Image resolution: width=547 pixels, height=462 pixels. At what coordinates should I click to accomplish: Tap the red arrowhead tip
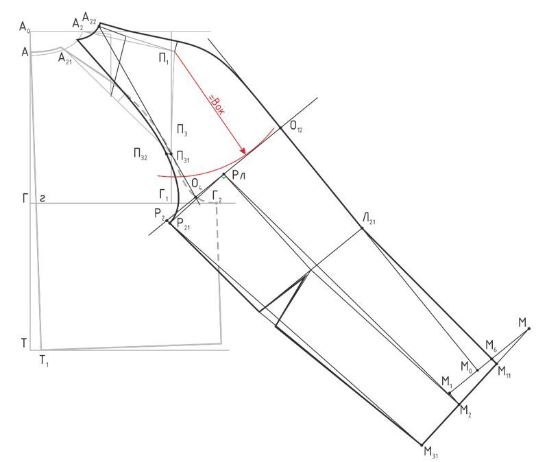[x=245, y=154]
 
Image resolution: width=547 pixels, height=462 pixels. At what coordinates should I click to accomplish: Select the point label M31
[x=431, y=452]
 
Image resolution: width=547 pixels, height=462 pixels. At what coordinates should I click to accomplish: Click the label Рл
[x=239, y=175]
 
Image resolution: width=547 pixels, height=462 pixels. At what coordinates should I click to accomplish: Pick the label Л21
[x=369, y=219]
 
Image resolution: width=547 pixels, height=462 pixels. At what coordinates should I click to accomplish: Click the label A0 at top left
[x=25, y=27]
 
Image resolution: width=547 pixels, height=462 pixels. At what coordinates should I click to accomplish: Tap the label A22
[x=89, y=17]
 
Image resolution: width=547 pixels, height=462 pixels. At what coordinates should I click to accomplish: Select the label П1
[x=164, y=59]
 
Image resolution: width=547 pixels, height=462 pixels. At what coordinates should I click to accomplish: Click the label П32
[x=141, y=154]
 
